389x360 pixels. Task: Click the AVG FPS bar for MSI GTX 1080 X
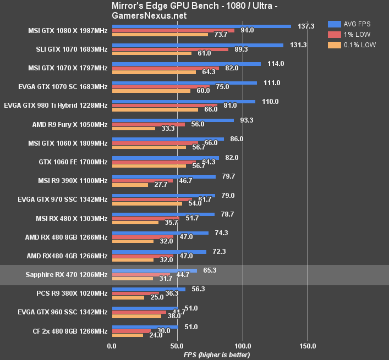201,26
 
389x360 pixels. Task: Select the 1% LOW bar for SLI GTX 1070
170,49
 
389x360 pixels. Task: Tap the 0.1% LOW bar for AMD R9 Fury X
134,129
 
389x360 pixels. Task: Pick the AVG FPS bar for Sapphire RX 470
155,270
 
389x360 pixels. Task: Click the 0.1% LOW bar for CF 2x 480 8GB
128,335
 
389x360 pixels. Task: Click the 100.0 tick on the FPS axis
243,346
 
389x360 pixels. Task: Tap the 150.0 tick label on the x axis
308,346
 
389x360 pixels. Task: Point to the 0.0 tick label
112,346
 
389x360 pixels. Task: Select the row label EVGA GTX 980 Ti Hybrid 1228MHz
56,105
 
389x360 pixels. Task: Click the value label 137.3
305,26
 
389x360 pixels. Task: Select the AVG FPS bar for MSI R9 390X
163,176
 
